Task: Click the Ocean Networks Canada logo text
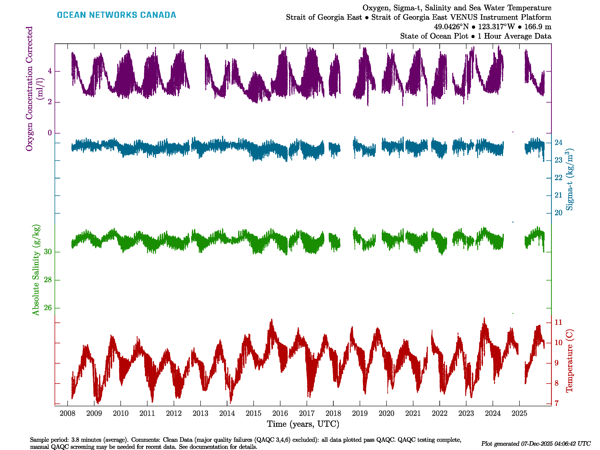[x=116, y=15]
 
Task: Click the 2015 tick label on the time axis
[x=253, y=413]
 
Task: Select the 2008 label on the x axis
[x=67, y=413]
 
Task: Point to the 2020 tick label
[x=386, y=413]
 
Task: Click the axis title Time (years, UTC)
[x=303, y=424]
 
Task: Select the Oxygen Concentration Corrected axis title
[x=29, y=88]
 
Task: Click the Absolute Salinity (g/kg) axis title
[x=36, y=270]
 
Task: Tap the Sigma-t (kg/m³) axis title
[x=570, y=179]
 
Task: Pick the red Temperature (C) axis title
[x=569, y=361]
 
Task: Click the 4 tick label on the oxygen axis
[x=50, y=71]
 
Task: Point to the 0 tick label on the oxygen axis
[x=50, y=133]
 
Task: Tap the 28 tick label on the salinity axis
[x=48, y=280]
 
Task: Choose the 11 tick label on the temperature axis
[x=558, y=322]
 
